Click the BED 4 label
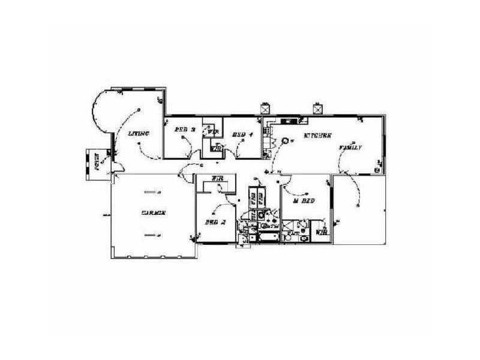click(242, 134)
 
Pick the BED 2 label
click(215, 222)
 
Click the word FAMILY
click(350, 147)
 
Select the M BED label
click(304, 201)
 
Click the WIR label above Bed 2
click(218, 179)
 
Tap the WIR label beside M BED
click(321, 231)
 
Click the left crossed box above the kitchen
click(265, 109)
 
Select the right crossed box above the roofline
click(317, 109)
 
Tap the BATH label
click(271, 226)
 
